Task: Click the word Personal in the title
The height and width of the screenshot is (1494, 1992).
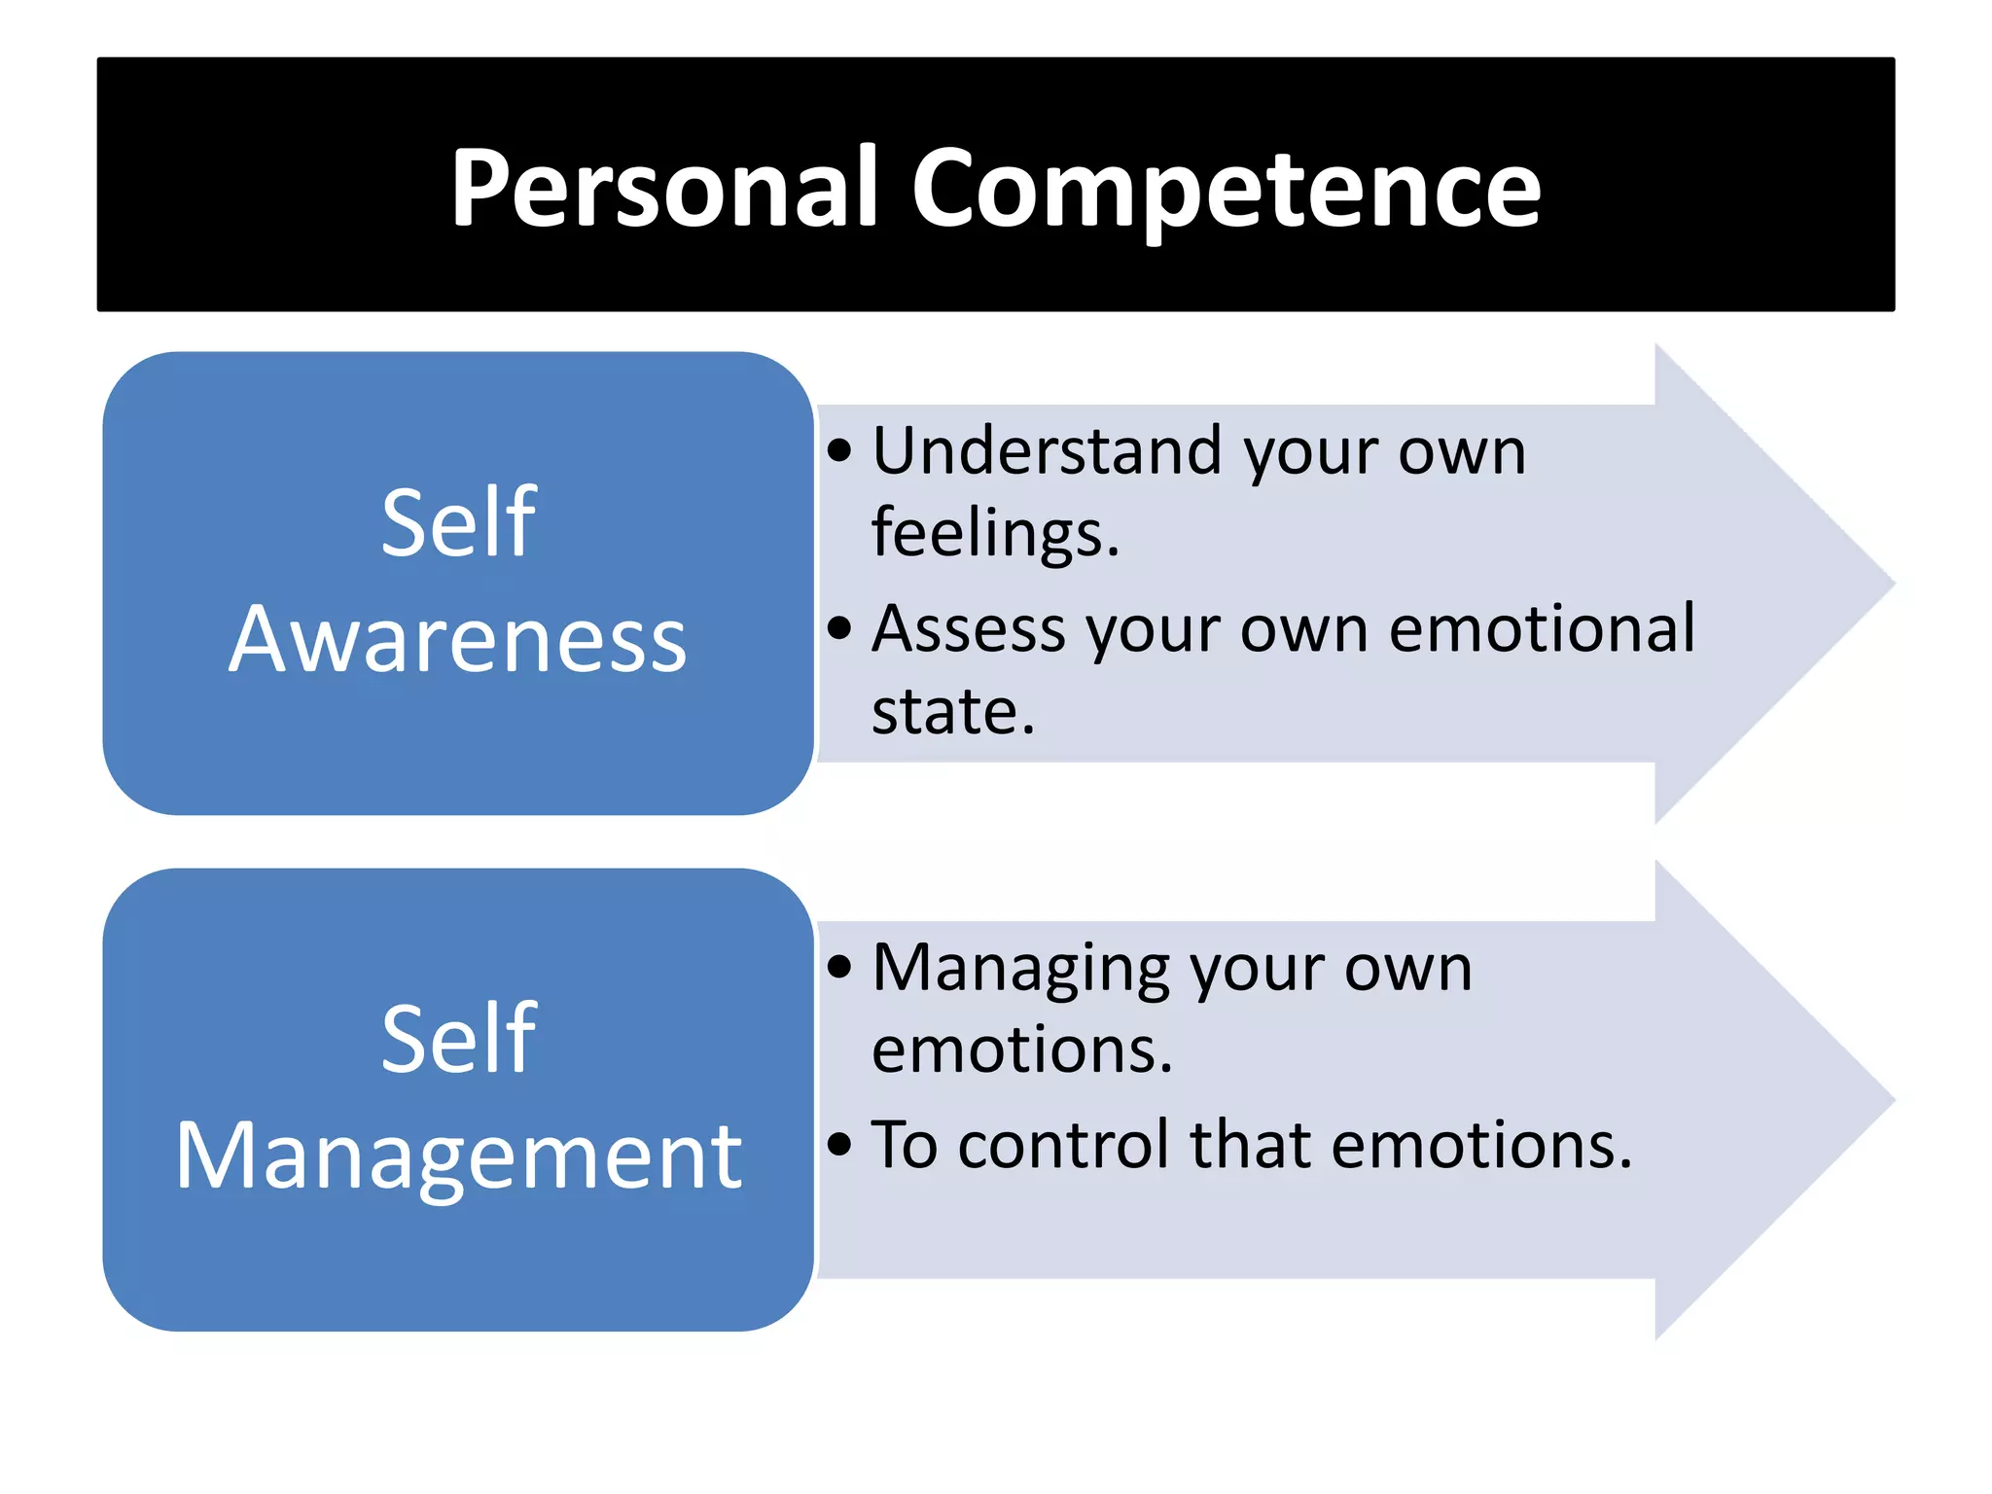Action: tap(665, 187)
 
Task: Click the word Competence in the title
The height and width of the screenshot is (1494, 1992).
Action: tap(1226, 187)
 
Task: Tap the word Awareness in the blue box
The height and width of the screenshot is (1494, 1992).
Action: tap(457, 640)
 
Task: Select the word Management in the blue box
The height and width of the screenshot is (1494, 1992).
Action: tap(458, 1156)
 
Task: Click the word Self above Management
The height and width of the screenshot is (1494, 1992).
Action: tap(458, 1039)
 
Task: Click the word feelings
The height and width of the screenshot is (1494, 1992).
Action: tap(995, 533)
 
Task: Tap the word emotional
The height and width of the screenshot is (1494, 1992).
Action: tap(1542, 628)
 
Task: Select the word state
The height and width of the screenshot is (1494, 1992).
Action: tap(952, 711)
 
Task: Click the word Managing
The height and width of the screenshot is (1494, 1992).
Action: tap(1020, 969)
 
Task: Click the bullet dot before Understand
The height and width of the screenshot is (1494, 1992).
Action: tap(839, 451)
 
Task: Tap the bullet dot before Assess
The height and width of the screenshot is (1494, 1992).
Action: tap(839, 628)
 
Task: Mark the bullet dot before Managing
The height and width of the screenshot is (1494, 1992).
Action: tap(839, 967)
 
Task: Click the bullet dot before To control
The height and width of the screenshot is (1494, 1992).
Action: tap(839, 1144)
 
